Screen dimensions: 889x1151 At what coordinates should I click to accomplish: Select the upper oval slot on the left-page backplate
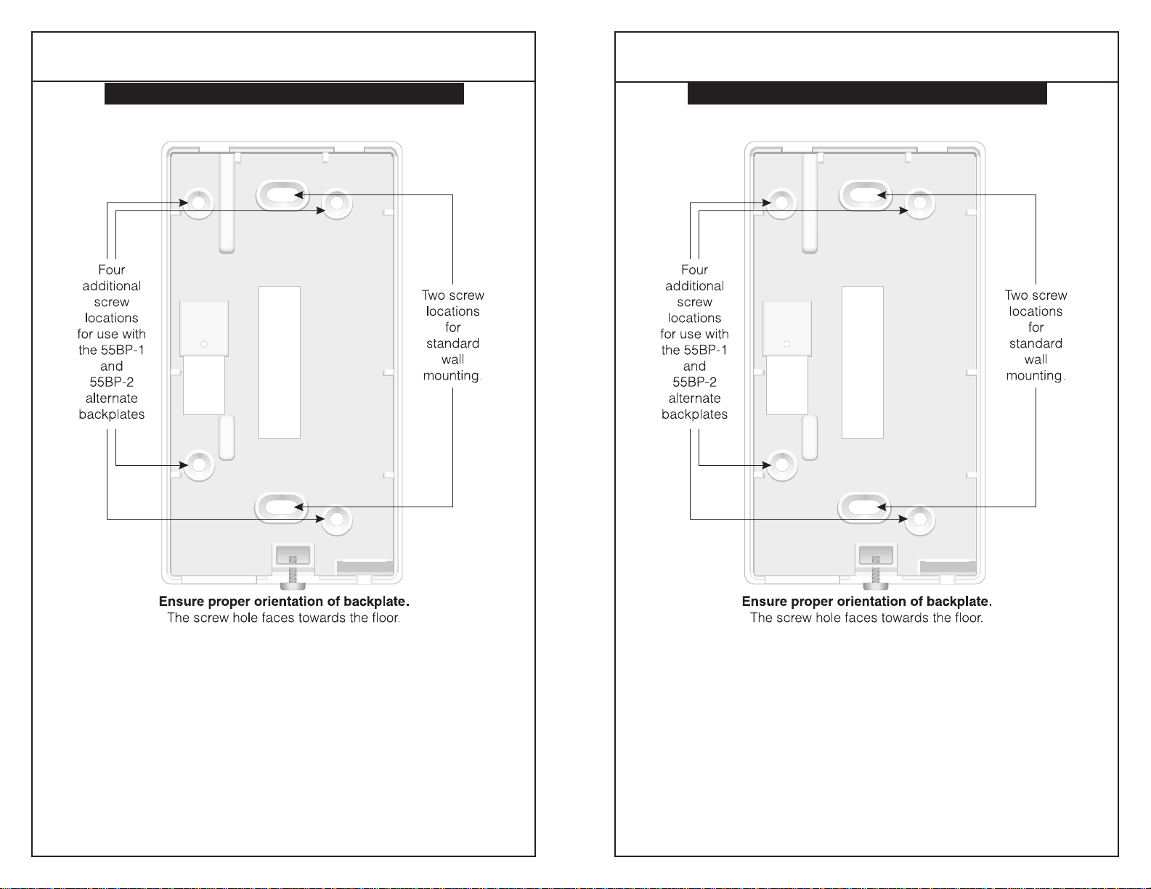282,194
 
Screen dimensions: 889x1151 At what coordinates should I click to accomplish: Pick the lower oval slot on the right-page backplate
864,507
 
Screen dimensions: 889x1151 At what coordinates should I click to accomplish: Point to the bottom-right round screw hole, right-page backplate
919,519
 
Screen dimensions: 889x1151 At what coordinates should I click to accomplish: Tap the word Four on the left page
112,270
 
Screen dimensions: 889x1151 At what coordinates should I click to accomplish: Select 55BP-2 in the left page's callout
112,382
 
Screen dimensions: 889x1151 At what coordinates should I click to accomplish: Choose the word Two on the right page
1016,295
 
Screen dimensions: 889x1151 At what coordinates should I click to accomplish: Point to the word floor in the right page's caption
966,618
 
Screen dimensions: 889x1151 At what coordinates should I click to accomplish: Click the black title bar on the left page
284,94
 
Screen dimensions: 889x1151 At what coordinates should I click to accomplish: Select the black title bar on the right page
867,94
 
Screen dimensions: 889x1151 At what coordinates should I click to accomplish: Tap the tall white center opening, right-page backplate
863,362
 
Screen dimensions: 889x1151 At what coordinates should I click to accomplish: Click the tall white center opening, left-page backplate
280,362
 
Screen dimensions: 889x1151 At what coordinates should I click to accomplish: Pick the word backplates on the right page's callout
694,414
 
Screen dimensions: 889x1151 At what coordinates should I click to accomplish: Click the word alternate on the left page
112,398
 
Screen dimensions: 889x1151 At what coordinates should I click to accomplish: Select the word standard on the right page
1036,343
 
